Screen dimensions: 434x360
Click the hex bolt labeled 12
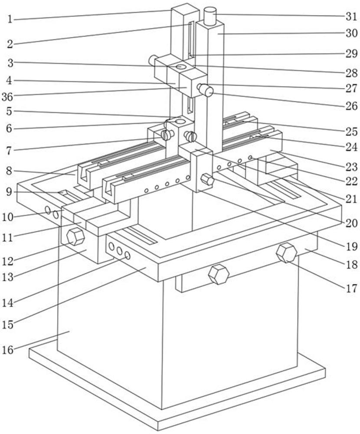point(75,237)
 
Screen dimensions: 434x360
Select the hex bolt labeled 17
point(286,253)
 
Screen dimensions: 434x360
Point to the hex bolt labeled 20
point(206,179)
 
